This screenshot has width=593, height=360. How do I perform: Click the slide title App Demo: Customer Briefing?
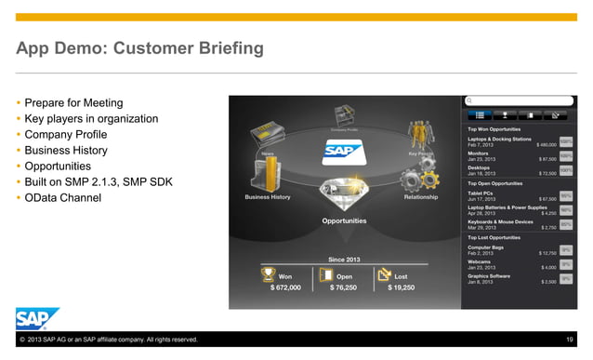point(139,47)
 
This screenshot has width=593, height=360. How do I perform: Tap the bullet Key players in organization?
point(91,118)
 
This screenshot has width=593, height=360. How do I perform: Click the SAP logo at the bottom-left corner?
point(36,318)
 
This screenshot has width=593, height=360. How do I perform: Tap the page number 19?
point(570,340)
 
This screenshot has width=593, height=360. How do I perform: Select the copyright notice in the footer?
point(107,340)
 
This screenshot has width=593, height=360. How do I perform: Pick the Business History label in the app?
point(268,197)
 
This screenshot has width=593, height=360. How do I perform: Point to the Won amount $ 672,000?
point(285,288)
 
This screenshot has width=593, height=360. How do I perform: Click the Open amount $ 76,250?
point(344,288)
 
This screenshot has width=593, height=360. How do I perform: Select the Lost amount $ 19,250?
point(401,288)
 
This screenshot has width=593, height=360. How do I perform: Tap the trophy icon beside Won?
point(269,274)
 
